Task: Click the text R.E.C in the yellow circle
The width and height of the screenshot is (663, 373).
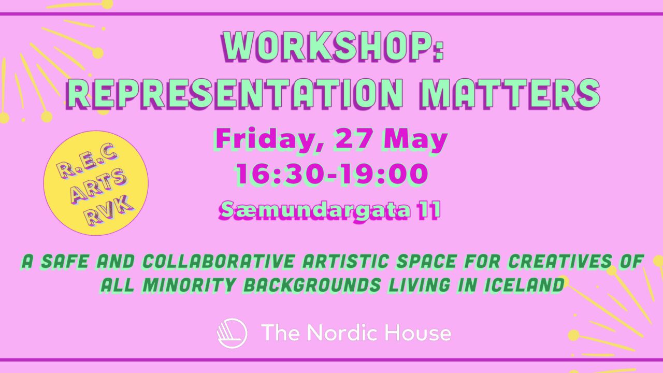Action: [86, 161]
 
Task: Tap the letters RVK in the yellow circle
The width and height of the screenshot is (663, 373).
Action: [109, 211]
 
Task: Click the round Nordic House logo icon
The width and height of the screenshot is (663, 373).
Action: [232, 333]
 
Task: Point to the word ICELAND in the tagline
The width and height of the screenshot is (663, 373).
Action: [523, 285]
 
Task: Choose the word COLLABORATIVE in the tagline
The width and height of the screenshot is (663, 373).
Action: [218, 262]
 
